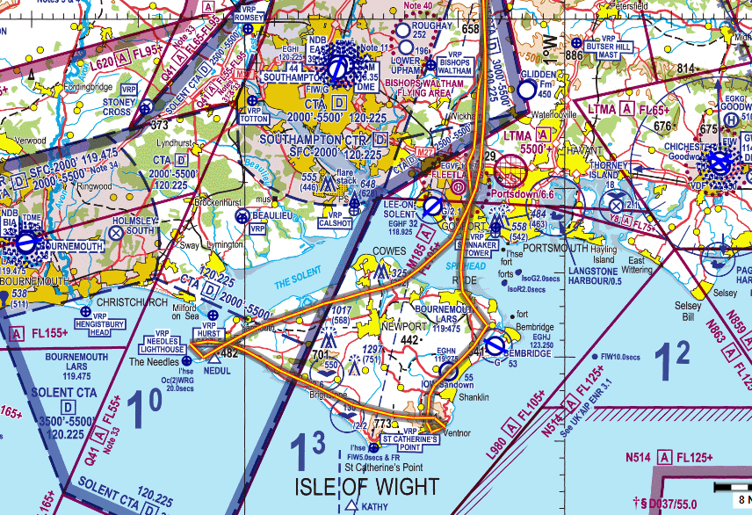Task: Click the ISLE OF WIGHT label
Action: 367,486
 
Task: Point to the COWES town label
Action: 389,250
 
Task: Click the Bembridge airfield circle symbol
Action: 495,344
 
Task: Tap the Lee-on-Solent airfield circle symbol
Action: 432,207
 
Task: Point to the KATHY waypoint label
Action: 374,507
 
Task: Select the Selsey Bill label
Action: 689,311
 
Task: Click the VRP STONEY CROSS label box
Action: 118,106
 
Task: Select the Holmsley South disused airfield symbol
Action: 117,233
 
